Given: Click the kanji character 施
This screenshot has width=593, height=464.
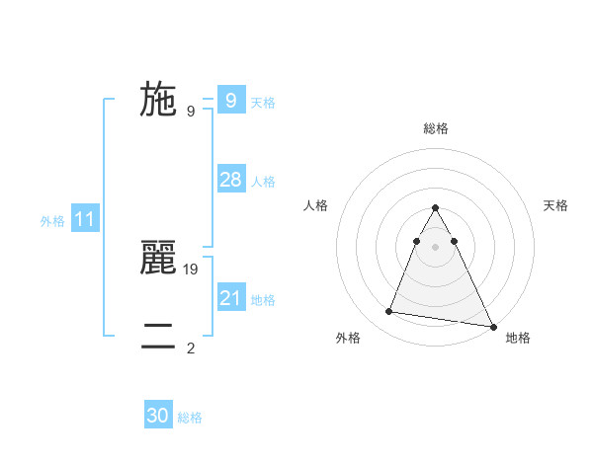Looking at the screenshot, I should (x=158, y=100).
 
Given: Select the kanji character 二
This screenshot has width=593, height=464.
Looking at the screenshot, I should (x=158, y=337).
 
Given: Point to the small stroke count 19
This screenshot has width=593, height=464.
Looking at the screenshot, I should (x=192, y=269).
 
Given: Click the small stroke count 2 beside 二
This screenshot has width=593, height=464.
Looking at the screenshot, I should (x=191, y=348).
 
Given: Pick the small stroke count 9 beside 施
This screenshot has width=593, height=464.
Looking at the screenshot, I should (x=191, y=111).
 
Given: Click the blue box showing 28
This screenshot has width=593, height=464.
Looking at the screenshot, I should (x=230, y=180).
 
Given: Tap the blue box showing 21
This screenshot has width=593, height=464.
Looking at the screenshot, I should (x=230, y=298).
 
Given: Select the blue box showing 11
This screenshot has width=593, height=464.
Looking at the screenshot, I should (x=84, y=219).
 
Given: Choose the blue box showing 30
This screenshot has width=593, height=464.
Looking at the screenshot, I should (x=158, y=416).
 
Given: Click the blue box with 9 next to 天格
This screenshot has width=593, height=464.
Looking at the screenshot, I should (x=230, y=101).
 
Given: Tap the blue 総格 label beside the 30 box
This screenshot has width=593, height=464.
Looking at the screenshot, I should (x=190, y=418).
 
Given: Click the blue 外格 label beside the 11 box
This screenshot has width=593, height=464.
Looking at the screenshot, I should (x=52, y=221).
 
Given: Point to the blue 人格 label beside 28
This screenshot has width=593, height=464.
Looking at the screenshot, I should (x=263, y=182).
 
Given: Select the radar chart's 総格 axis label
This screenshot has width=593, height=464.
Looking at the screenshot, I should (x=436, y=129).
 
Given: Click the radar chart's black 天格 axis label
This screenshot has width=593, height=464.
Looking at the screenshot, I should (x=556, y=205).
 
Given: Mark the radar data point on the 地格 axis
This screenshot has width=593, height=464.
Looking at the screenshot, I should (x=493, y=327).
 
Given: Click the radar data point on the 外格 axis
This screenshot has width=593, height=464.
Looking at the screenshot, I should (x=388, y=312).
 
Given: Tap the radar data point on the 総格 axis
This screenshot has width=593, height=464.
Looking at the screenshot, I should (x=436, y=208).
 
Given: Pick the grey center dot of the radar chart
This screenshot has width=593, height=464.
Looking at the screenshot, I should (x=436, y=246).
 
